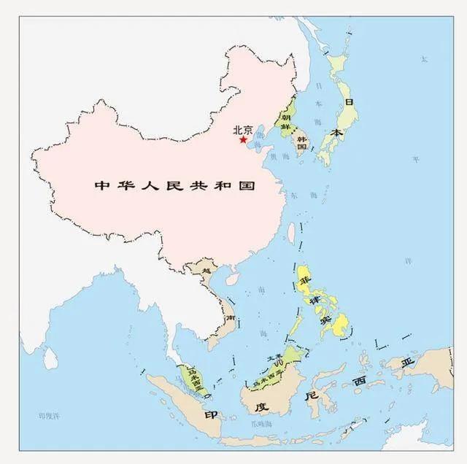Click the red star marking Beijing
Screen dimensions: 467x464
click(243, 139)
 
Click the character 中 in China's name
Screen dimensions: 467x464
click(101, 185)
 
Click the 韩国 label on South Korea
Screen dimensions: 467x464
click(300, 142)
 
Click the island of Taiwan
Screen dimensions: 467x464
click(290, 233)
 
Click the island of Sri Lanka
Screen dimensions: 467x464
click(50, 357)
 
